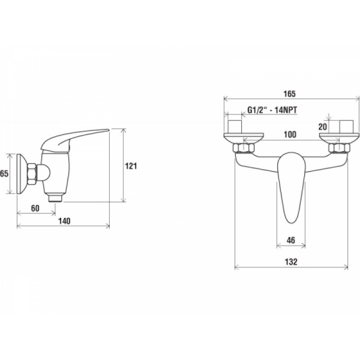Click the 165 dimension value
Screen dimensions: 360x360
coord(289,94)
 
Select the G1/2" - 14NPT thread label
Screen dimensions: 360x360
coord(272,110)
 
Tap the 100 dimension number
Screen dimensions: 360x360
coord(290,134)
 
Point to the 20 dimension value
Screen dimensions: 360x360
coord(323,126)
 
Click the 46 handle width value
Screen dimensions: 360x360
coord(291,240)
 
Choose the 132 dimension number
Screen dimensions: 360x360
coord(291,261)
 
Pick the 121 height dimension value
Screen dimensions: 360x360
coord(131,166)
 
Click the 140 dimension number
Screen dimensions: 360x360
coord(64,221)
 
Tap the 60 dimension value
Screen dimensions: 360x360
coord(35,208)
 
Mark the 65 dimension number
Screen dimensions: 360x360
coord(4,173)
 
